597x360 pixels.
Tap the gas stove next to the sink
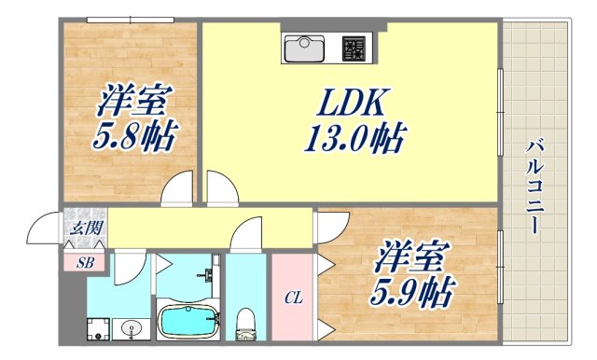(x=354, y=45)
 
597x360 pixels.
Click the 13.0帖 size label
(x=353, y=140)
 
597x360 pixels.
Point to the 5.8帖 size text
(x=132, y=139)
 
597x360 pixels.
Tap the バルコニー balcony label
(x=535, y=187)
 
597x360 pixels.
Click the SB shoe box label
(x=85, y=261)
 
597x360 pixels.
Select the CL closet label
(x=293, y=298)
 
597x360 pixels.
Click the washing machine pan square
(x=99, y=327)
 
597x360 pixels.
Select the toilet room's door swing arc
(x=247, y=233)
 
